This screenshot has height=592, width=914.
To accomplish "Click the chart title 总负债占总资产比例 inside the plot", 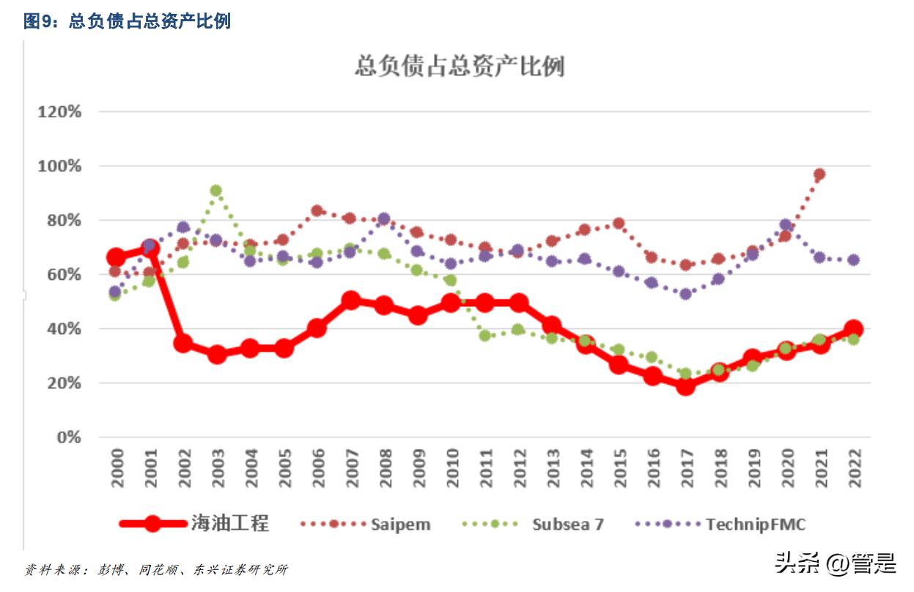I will [x=459, y=67].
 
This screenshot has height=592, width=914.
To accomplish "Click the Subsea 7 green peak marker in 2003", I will [x=216, y=190].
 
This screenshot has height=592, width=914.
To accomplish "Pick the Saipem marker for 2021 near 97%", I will [x=819, y=174].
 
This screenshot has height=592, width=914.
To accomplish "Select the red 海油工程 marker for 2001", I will [x=150, y=248].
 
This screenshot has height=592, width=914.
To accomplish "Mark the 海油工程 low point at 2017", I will [x=685, y=385].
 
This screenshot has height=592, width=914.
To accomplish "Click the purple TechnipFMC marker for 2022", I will [x=853, y=260].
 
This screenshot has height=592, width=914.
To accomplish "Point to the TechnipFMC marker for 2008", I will [x=383, y=219].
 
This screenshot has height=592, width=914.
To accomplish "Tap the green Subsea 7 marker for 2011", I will [x=484, y=336].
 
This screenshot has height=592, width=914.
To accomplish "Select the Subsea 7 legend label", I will [x=567, y=524].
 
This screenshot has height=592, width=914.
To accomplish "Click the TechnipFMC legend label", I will [x=756, y=524].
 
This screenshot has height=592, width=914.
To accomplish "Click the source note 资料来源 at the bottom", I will [x=155, y=569].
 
